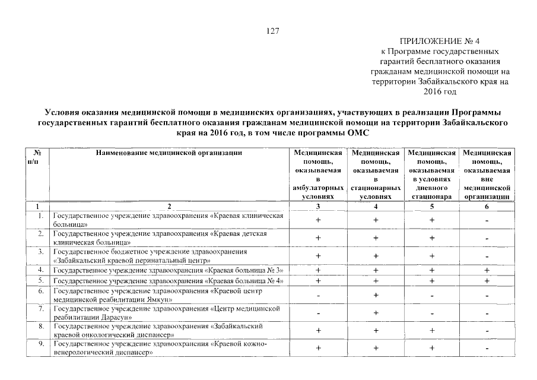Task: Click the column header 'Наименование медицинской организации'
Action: (169, 153)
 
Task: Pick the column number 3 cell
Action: (317, 206)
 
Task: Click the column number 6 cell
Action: (487, 206)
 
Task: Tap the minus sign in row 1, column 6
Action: (487, 221)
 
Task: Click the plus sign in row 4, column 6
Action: (487, 270)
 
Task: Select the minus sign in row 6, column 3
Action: (317, 295)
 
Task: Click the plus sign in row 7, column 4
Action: (375, 312)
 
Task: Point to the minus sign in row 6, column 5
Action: (431, 295)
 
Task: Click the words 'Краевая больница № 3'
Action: (247, 270)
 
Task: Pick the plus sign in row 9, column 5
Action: (431, 348)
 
